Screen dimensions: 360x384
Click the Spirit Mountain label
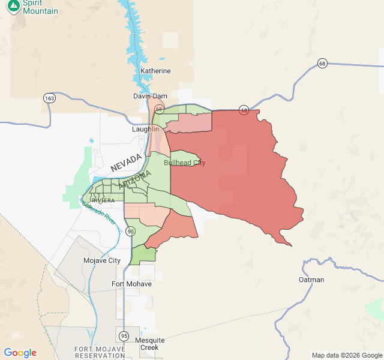[40, 7]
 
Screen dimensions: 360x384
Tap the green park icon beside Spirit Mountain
[13, 6]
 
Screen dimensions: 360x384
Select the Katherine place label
[155, 71]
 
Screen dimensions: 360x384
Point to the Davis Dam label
[150, 96]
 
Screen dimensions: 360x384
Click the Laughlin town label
[146, 129]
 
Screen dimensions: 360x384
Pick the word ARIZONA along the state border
[135, 180]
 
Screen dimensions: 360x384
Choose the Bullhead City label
[184, 163]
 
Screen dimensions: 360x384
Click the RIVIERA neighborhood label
[103, 200]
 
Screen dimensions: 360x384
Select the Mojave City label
[101, 260]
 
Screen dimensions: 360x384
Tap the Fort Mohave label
[131, 284]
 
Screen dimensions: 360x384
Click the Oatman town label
[311, 280]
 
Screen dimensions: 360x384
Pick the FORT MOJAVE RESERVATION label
[100, 352]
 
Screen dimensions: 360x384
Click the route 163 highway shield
[49, 97]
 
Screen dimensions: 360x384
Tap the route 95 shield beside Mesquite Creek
[124, 335]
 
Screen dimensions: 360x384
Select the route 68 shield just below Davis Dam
[158, 109]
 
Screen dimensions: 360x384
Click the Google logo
[20, 353]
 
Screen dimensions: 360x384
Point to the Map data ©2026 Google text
[346, 355]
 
